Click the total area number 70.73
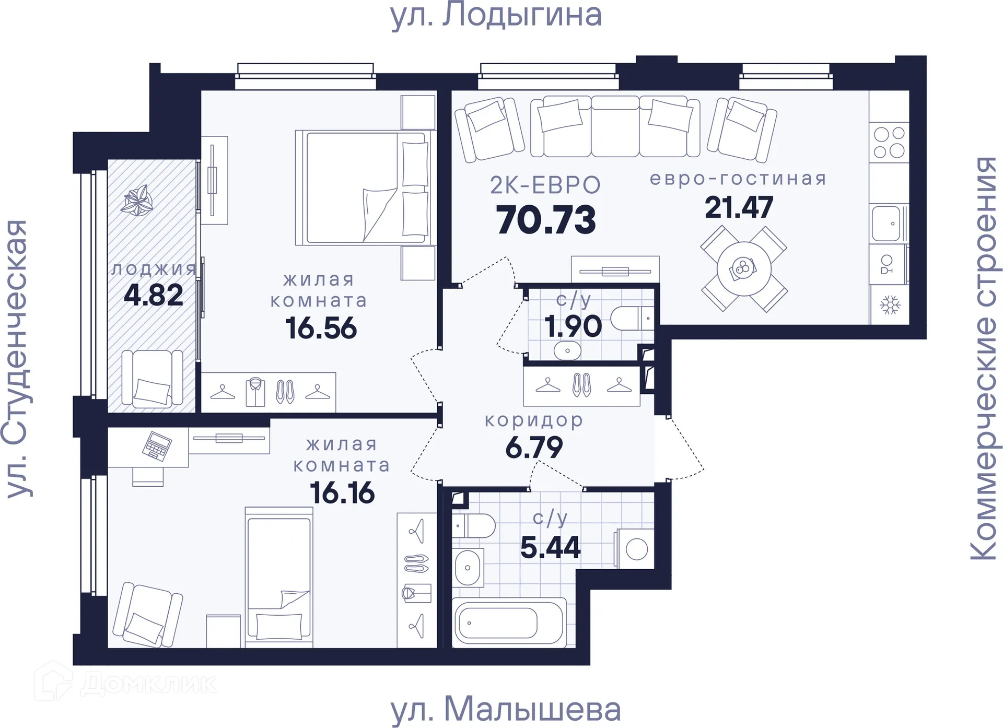546,220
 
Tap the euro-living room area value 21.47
738,207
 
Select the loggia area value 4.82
153,295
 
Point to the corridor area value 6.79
534,448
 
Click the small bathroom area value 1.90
573,327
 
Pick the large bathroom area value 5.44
550,548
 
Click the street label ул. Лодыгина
496,16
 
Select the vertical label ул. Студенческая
17,359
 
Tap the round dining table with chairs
743,269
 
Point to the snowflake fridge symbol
890,305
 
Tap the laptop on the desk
157,445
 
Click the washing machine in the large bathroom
635,549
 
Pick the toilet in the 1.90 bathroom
631,319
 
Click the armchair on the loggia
152,379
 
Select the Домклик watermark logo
125,683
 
